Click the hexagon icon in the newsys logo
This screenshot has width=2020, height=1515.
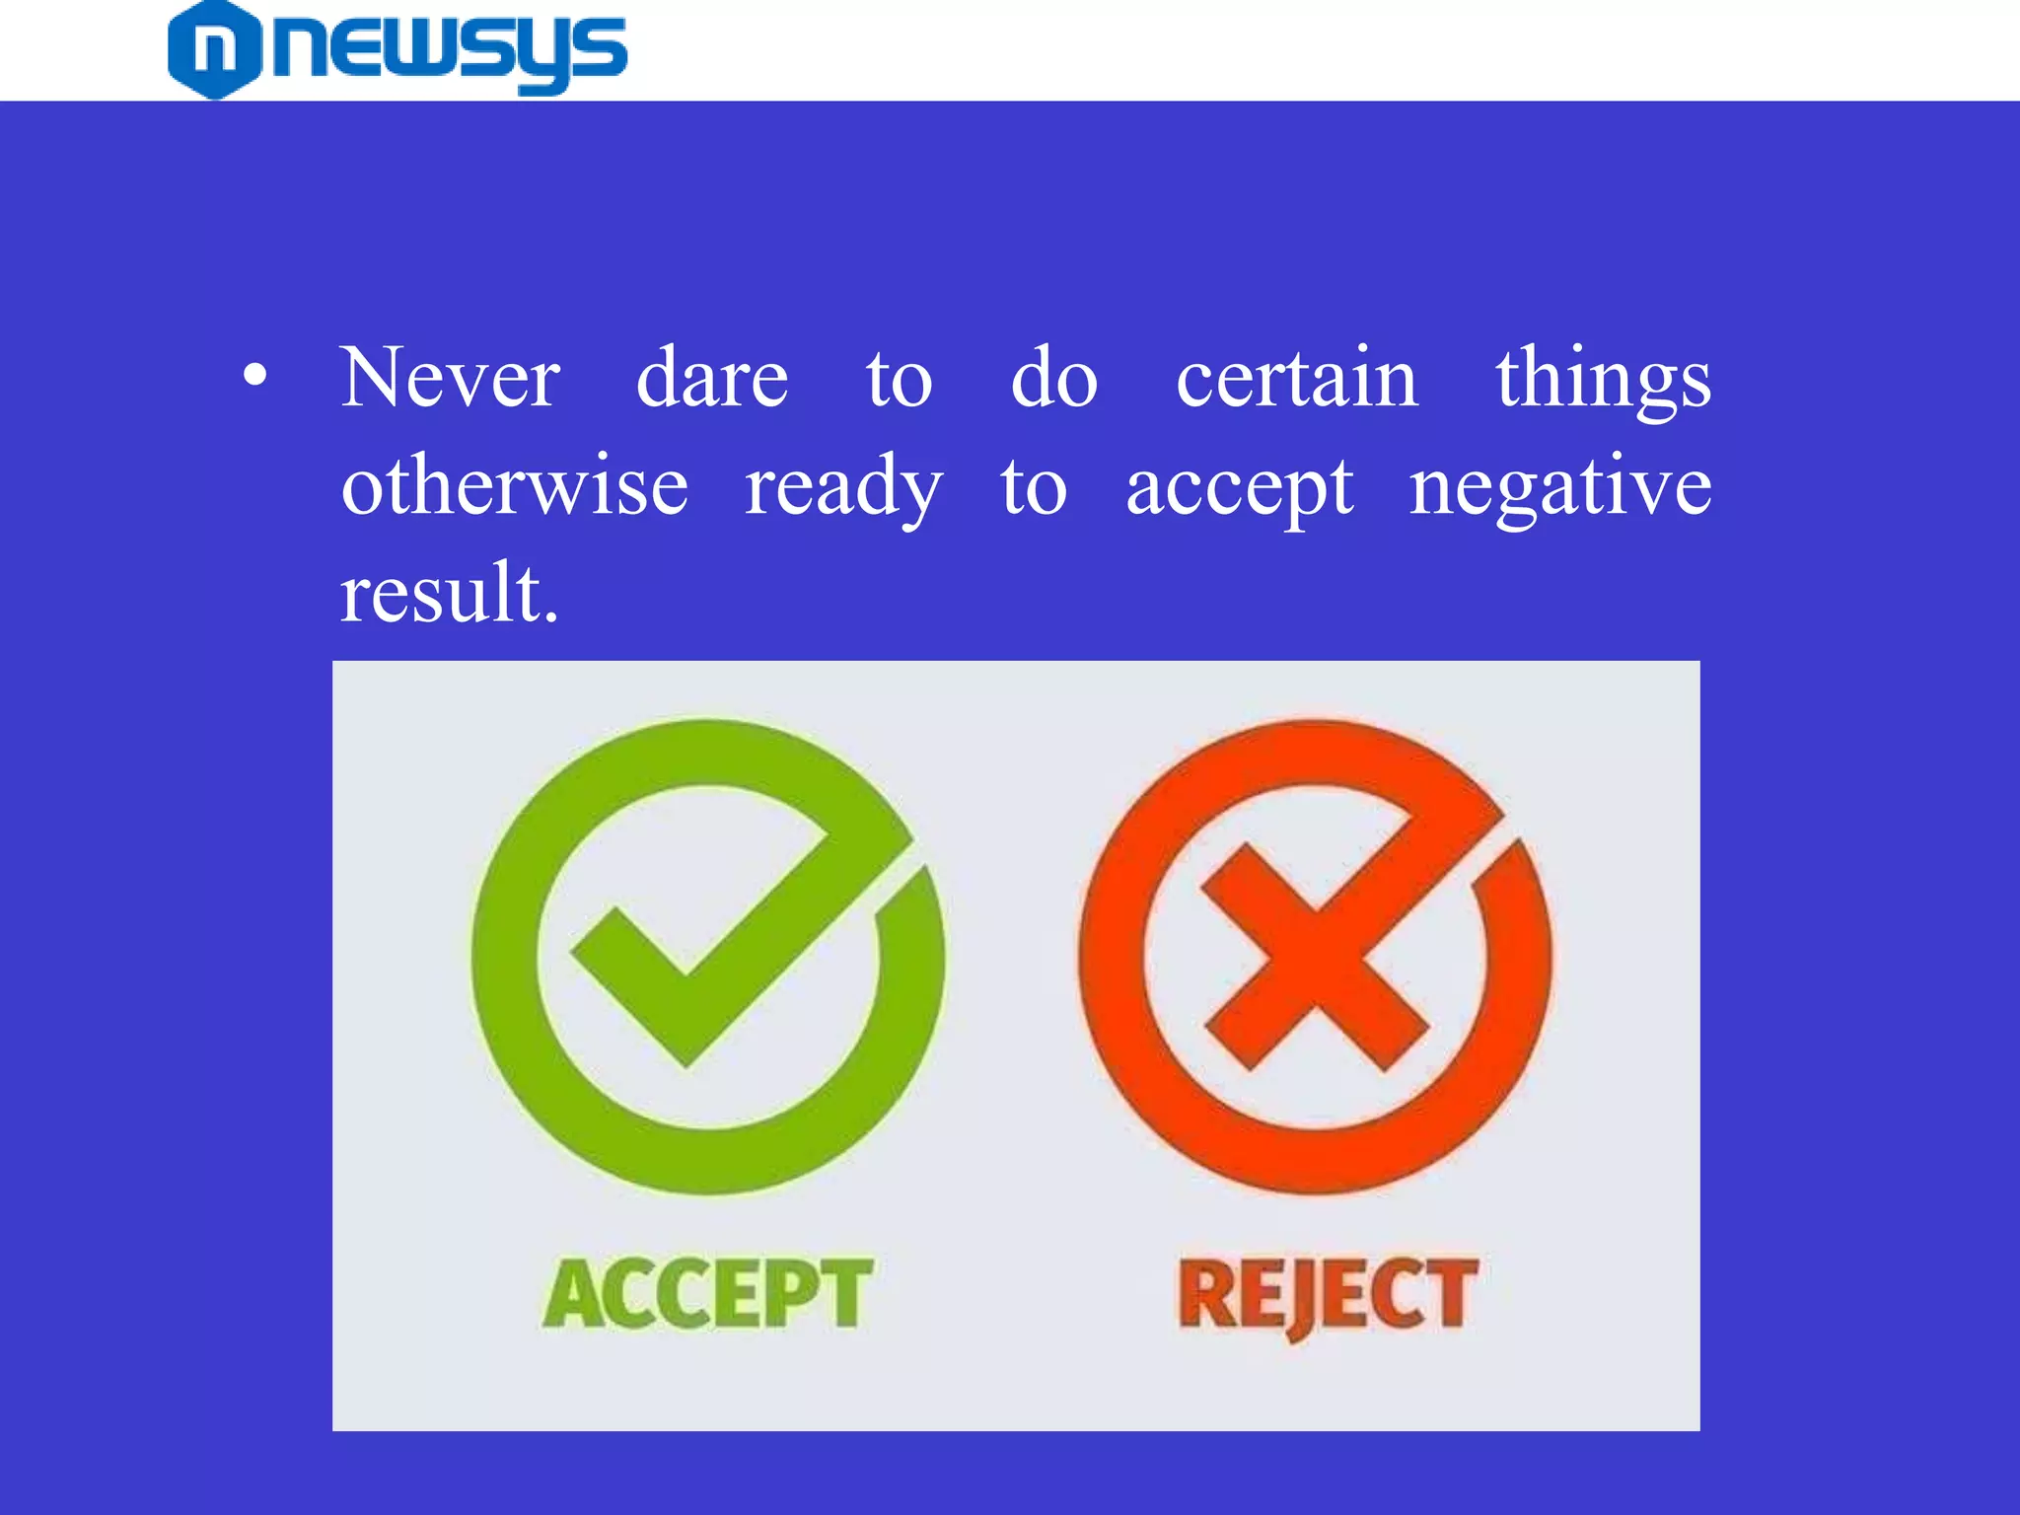click(214, 49)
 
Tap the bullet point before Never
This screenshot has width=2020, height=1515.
click(254, 376)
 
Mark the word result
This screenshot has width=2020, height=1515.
click(449, 594)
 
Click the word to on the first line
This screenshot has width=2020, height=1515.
click(899, 380)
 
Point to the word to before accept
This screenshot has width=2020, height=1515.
click(1034, 488)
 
